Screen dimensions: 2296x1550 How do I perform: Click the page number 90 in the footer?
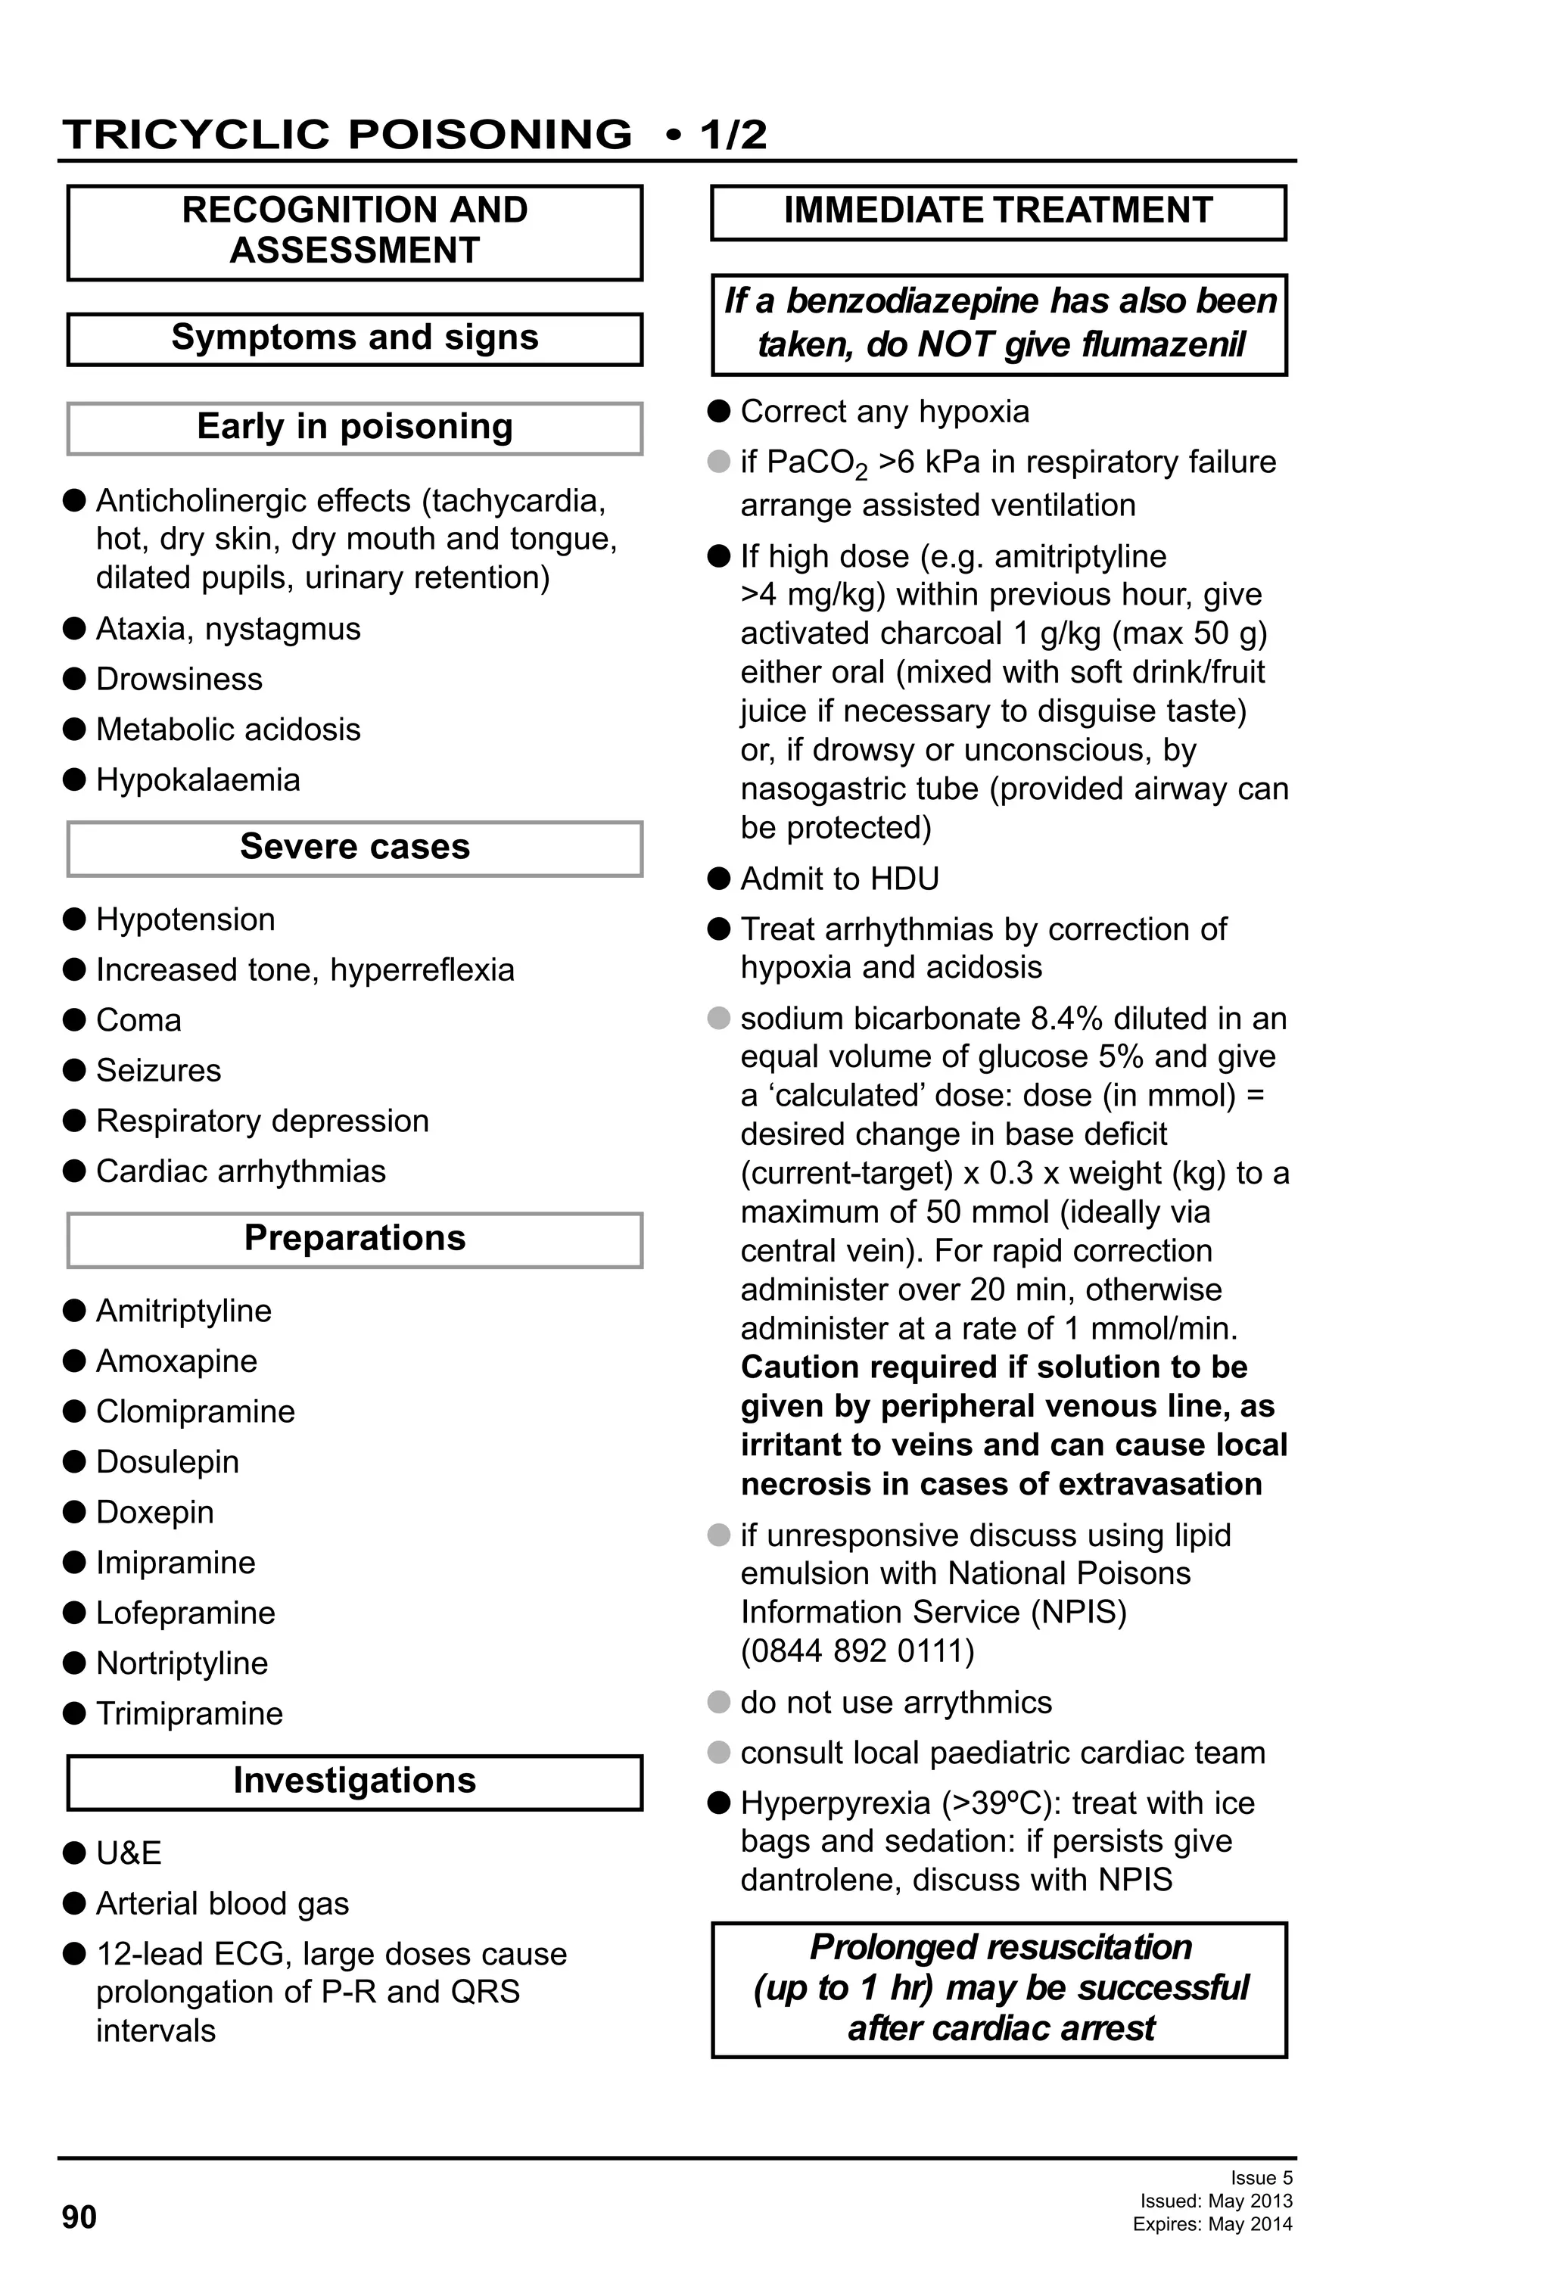[79, 2217]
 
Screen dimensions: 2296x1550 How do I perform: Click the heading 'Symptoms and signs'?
[355, 338]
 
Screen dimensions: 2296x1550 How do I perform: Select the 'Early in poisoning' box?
[355, 427]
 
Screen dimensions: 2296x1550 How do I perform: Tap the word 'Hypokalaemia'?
[198, 779]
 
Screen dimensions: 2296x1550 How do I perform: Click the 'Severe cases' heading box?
[355, 848]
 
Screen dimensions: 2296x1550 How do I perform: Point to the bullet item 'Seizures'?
[158, 1070]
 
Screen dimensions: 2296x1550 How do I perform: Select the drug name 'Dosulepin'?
[167, 1461]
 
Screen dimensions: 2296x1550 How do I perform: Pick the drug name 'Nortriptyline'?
[182, 1663]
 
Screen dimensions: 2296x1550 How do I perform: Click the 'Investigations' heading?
[355, 1781]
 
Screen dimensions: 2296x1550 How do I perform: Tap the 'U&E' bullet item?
[129, 1853]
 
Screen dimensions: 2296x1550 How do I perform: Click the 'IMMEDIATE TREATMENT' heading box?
[998, 211]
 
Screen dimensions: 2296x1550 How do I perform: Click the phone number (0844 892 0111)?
[857, 1650]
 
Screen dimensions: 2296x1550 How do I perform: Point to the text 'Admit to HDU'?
[839, 879]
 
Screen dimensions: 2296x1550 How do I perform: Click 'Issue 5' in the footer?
[1261, 2177]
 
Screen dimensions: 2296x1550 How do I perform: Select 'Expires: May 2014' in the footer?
[1212, 2224]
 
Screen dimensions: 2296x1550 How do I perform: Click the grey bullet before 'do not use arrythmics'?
[719, 1701]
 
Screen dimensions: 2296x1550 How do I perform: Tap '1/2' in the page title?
[733, 135]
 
